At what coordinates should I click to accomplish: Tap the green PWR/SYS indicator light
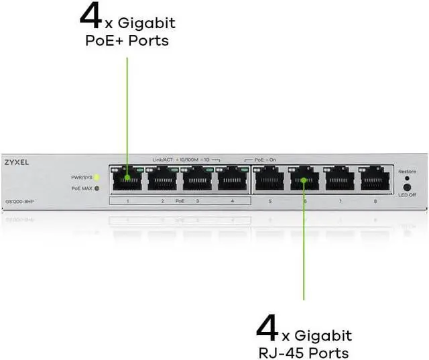click(x=97, y=177)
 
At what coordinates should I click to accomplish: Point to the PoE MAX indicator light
click(x=97, y=188)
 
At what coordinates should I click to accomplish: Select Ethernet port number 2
click(x=162, y=179)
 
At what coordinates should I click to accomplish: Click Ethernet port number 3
click(x=196, y=179)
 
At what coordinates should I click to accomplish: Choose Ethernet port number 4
click(x=231, y=179)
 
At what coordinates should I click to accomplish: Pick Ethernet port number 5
click(x=269, y=179)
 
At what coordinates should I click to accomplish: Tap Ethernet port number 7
click(x=339, y=179)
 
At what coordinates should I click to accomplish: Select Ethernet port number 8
click(x=375, y=179)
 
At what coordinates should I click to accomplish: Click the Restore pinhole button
click(x=406, y=179)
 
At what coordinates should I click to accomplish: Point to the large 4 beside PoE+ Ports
click(x=90, y=16)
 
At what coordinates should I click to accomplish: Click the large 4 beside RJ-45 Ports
click(x=267, y=329)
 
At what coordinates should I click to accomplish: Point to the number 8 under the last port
click(x=375, y=201)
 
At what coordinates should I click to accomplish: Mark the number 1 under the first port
click(x=127, y=201)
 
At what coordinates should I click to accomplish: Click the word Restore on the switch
click(x=407, y=172)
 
